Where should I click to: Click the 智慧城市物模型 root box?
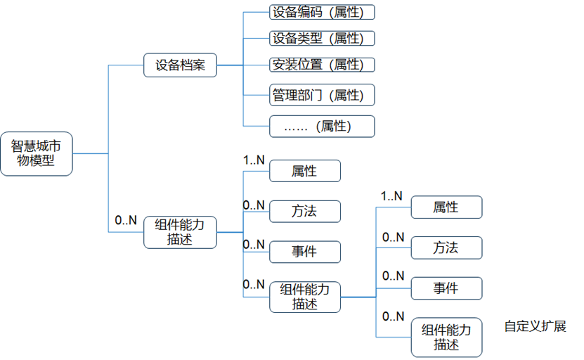point(36,153)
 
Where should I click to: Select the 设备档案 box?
point(180,65)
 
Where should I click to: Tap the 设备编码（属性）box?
point(322,12)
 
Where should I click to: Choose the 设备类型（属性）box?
point(322,38)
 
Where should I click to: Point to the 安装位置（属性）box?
point(322,65)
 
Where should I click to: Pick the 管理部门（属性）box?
point(322,95)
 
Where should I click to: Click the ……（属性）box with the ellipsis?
point(322,127)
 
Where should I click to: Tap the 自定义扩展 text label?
point(535,327)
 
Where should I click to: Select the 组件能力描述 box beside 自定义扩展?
point(446,337)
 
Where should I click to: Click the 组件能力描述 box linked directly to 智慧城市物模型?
point(180,232)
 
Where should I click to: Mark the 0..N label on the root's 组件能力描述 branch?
point(126,220)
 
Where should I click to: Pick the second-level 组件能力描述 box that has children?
point(305,296)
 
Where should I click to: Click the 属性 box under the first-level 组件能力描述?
point(305,171)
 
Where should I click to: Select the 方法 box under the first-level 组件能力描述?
point(305,211)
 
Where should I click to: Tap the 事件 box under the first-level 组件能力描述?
point(305,252)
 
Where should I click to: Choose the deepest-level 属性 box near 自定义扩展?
point(446,207)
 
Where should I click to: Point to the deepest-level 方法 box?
point(446,247)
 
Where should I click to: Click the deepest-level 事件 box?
point(446,288)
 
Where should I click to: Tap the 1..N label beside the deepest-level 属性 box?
point(391,196)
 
